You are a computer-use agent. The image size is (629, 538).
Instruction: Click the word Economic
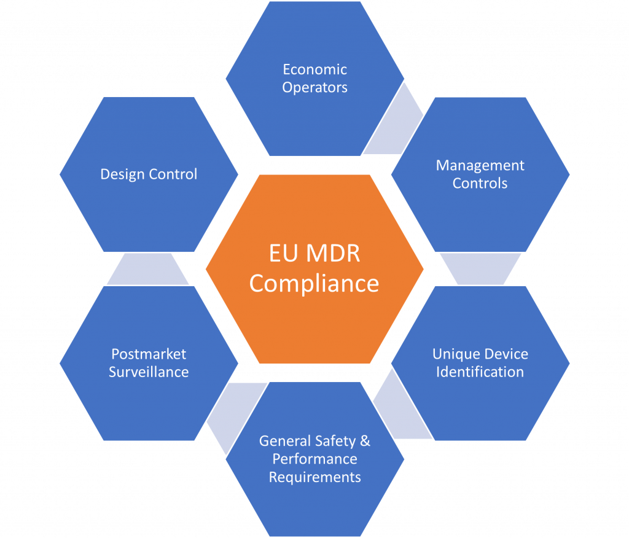click(x=315, y=69)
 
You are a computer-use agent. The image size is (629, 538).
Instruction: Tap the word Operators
click(x=315, y=88)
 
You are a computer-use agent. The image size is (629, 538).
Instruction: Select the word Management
click(x=480, y=166)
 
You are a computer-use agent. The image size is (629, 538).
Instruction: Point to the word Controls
click(x=480, y=184)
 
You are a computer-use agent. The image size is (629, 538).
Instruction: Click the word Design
click(x=123, y=174)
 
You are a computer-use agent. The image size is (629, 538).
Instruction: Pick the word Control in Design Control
click(x=173, y=174)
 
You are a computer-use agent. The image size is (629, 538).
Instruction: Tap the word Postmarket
click(x=149, y=354)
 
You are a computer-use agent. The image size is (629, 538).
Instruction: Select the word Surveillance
click(x=149, y=372)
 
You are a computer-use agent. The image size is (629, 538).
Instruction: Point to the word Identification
click(x=480, y=372)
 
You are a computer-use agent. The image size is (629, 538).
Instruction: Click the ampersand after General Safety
click(x=365, y=441)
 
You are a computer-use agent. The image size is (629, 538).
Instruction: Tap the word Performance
click(x=315, y=459)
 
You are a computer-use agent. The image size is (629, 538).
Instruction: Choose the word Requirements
click(x=315, y=477)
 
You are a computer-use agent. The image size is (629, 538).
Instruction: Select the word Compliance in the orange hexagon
click(x=314, y=284)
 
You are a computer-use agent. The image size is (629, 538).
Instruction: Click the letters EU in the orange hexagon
click(x=283, y=254)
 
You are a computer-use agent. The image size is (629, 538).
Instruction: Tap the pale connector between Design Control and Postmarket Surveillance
click(x=148, y=269)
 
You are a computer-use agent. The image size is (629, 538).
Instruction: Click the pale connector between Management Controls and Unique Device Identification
click(x=480, y=269)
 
